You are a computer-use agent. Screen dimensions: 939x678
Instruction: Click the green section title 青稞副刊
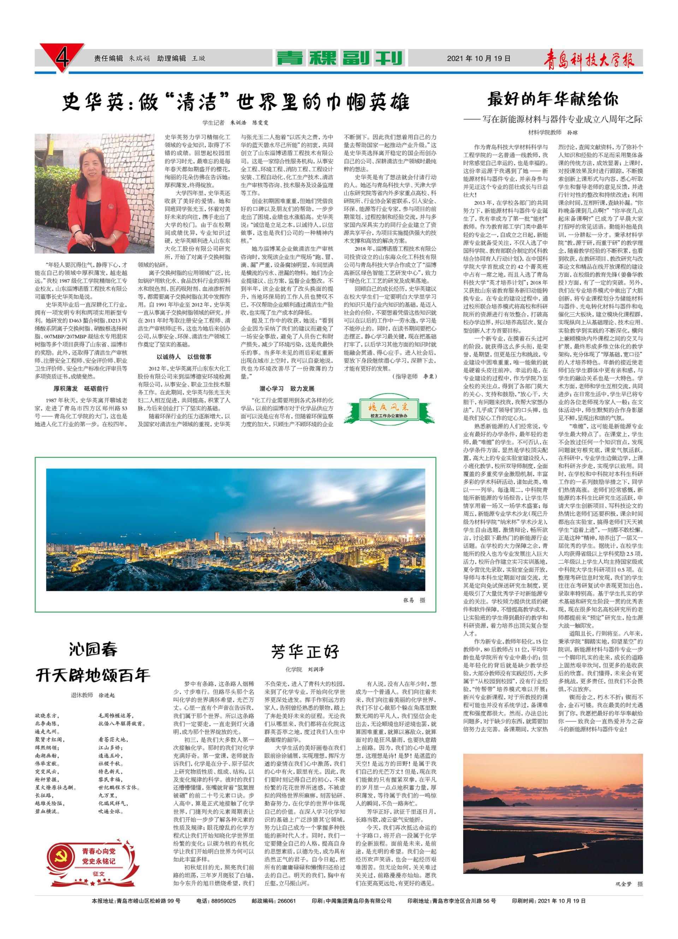coord(339,58)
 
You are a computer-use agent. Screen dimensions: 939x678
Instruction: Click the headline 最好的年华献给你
coord(553,99)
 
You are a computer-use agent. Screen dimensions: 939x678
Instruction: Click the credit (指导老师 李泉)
coord(414,376)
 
